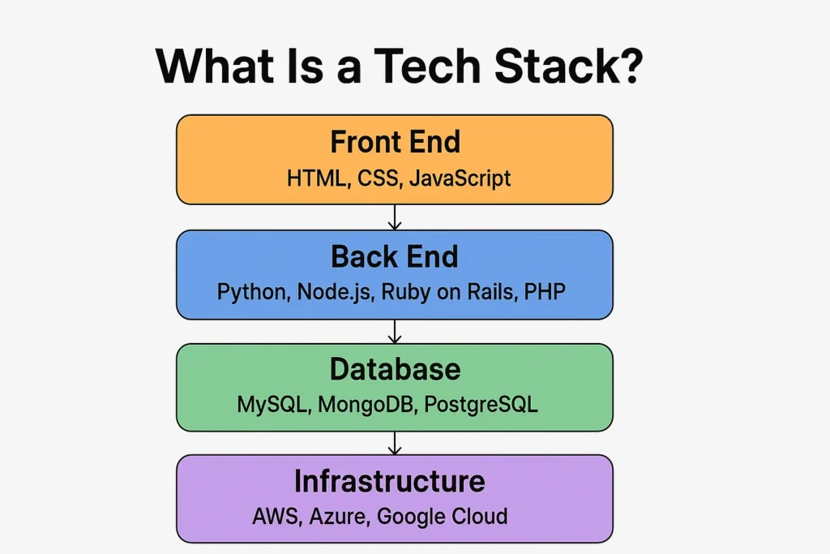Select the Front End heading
[x=395, y=142]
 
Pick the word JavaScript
[x=460, y=178]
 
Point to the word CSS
[x=379, y=178]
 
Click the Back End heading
[x=395, y=256]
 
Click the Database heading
[x=395, y=369]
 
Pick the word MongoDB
[x=364, y=404]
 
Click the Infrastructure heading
[x=389, y=481]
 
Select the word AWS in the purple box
[x=275, y=516]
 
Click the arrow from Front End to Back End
[x=395, y=217]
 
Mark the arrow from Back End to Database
[x=395, y=331]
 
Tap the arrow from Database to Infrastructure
[x=395, y=442]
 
